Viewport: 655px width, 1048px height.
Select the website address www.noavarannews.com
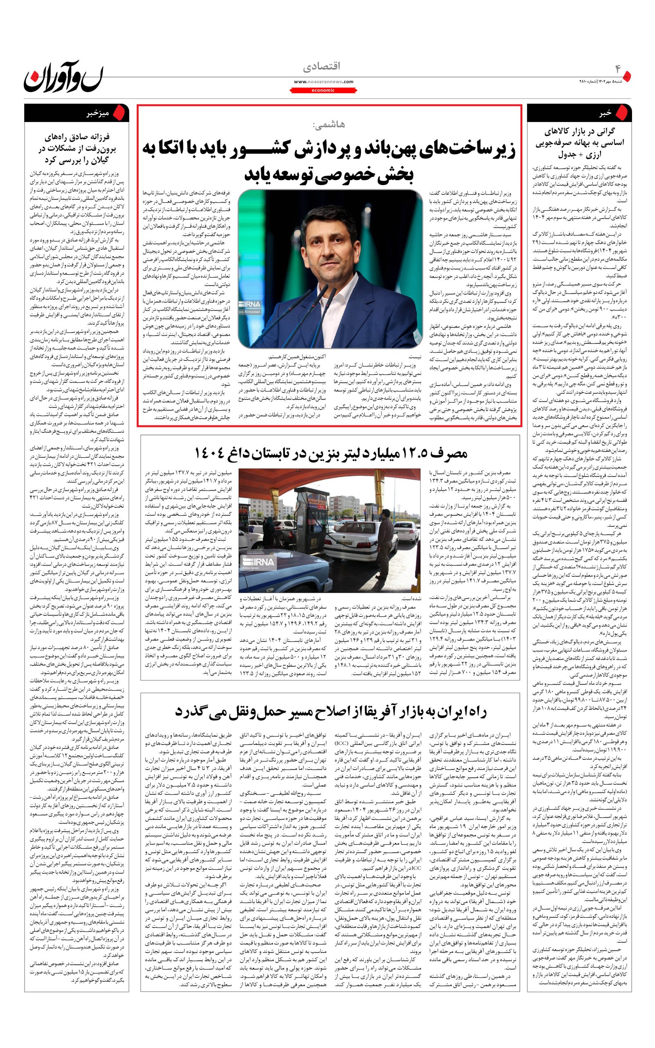coord(323,81)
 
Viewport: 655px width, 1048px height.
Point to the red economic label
coord(323,90)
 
